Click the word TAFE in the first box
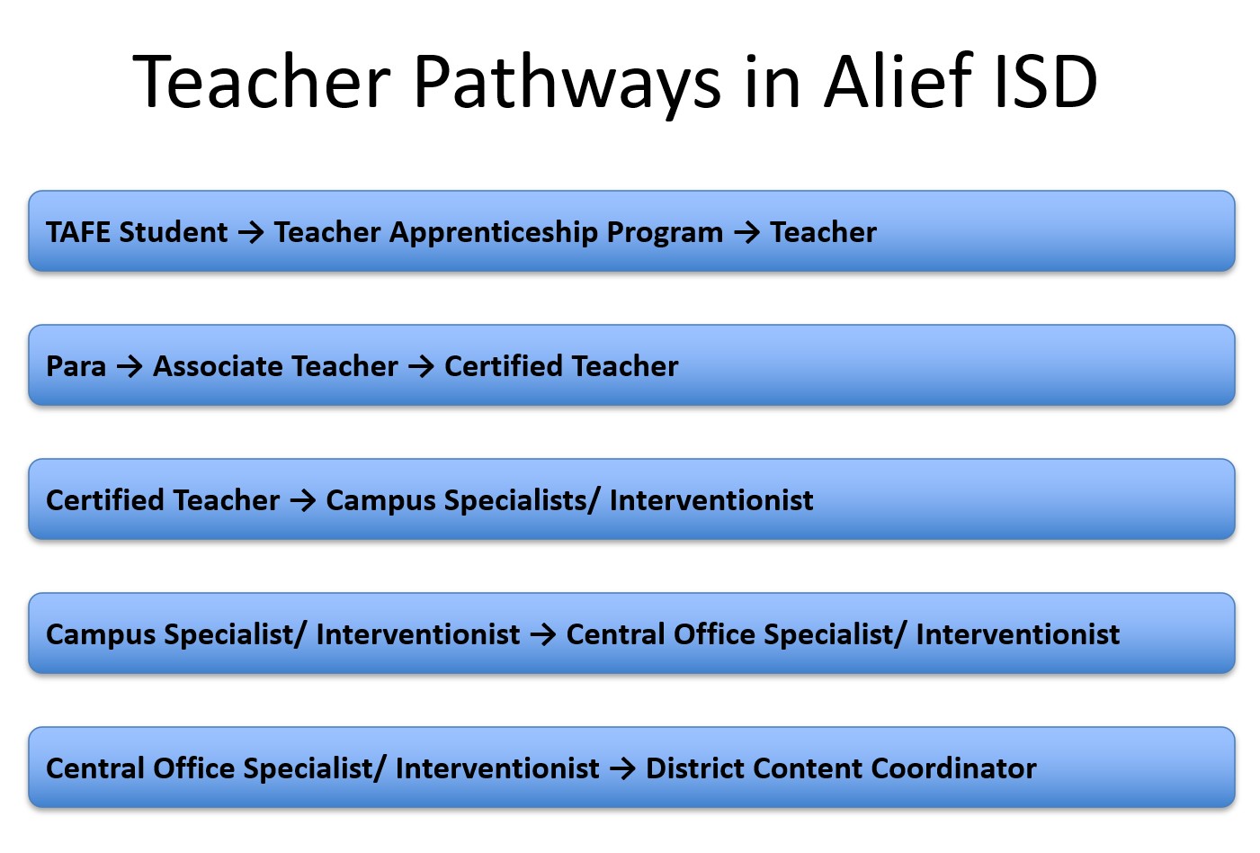click(78, 232)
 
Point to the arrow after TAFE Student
click(251, 232)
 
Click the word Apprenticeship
click(494, 232)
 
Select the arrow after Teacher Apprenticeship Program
click(747, 232)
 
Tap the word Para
click(76, 366)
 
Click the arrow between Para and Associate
click(130, 366)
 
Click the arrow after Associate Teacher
click(421, 366)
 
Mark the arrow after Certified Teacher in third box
click(303, 500)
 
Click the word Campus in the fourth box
click(101, 635)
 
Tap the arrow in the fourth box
click(543, 634)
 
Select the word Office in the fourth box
click(714, 634)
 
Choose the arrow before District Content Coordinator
click(622, 768)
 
